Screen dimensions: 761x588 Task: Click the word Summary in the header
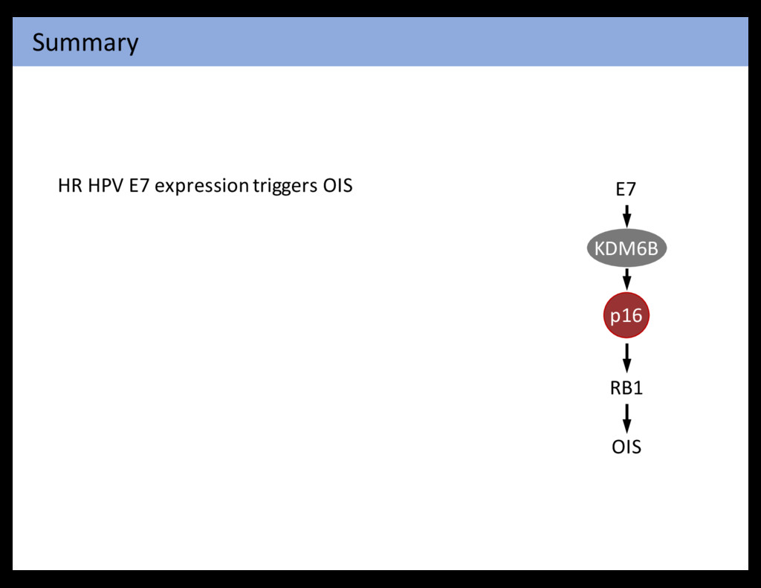click(x=85, y=43)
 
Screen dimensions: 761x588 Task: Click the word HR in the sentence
click(x=70, y=185)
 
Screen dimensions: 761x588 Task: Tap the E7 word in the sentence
click(x=139, y=185)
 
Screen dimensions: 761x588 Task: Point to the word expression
click(x=201, y=186)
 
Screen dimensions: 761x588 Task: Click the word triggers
click(x=285, y=186)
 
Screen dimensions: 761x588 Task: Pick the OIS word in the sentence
click(x=337, y=185)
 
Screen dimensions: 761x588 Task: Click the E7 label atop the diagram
click(x=626, y=190)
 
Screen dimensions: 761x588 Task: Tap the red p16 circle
click(x=626, y=317)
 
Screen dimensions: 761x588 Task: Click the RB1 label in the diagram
click(x=626, y=388)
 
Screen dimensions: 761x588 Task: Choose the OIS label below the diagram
click(x=626, y=447)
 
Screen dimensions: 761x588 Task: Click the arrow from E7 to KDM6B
click(x=627, y=216)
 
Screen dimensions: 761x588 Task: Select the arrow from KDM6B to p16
click(x=627, y=280)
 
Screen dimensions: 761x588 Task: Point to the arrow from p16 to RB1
click(x=627, y=357)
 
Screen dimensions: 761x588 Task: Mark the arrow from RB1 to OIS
click(x=627, y=418)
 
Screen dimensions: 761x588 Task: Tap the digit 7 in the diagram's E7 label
click(x=631, y=190)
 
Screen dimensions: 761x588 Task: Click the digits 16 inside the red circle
click(x=631, y=316)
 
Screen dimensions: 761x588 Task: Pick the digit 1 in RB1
click(x=638, y=388)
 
